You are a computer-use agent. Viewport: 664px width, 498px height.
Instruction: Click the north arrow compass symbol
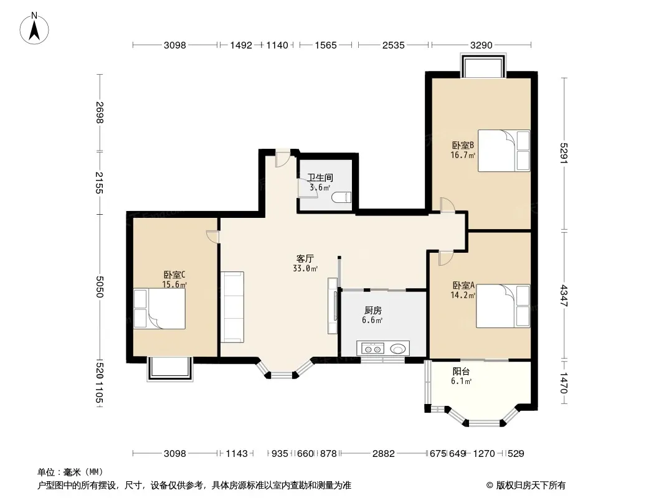point(34,29)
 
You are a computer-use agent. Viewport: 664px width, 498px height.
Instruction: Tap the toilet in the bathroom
point(342,197)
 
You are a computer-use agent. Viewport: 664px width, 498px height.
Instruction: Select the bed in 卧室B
point(504,151)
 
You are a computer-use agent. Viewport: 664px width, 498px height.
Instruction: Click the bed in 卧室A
point(503,306)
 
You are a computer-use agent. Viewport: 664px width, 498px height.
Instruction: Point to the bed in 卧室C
point(159,308)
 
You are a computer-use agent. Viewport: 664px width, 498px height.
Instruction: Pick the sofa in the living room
point(232,307)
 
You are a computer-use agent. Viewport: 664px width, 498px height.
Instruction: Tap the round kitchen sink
point(397,349)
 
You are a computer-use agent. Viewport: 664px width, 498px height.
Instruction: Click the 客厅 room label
point(305,258)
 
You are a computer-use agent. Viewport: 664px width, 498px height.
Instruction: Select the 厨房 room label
point(372,311)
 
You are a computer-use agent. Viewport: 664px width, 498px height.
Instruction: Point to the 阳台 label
point(461,372)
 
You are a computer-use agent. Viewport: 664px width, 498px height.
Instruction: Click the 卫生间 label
point(320,177)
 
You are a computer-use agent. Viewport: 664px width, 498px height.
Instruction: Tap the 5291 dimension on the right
point(564,153)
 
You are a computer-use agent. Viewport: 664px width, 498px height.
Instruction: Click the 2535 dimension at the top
point(394,45)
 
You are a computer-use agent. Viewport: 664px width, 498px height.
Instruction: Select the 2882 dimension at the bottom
point(383,454)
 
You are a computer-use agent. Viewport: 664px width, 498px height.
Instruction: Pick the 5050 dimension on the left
point(99,287)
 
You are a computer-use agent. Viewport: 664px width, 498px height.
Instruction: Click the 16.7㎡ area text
point(463,155)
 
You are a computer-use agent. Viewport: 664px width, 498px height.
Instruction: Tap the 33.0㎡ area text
point(305,269)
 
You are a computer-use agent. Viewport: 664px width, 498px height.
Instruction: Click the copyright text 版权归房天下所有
point(531,486)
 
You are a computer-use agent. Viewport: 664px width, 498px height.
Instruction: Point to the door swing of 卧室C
point(212,237)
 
